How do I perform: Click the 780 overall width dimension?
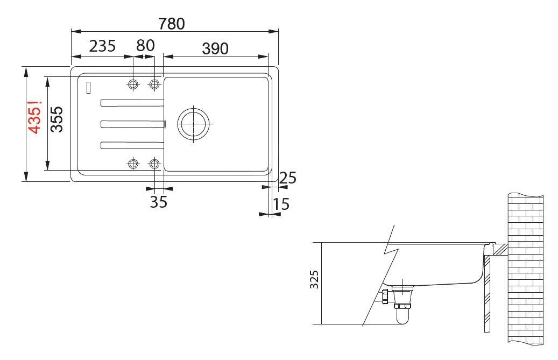[x=172, y=24]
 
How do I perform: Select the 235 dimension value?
[x=102, y=46]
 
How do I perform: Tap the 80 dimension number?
[x=145, y=46]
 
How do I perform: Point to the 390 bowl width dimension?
[x=215, y=49]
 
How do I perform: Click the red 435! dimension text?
[x=35, y=117]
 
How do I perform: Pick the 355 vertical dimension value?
[x=56, y=119]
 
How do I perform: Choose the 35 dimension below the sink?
[x=158, y=202]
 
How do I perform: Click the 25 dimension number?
[x=287, y=178]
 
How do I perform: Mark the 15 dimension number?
[x=281, y=204]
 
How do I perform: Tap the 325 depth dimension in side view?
[x=314, y=279]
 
